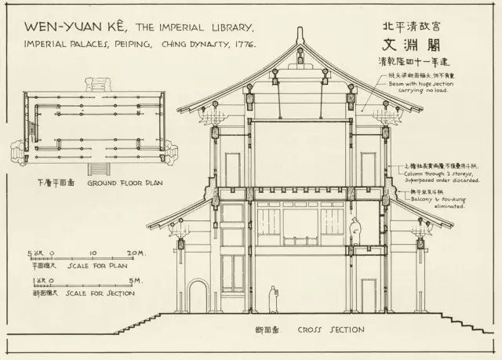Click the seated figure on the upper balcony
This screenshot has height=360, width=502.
(355, 230)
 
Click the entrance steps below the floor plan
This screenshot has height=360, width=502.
(97, 168)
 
